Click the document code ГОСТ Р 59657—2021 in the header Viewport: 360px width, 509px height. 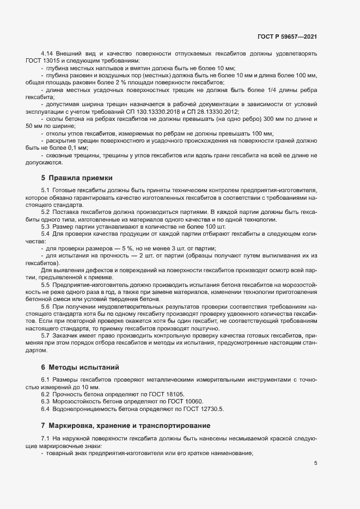pos(286,36)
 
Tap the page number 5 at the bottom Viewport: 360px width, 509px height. pos(315,463)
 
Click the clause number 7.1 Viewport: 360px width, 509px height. pos(46,439)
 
